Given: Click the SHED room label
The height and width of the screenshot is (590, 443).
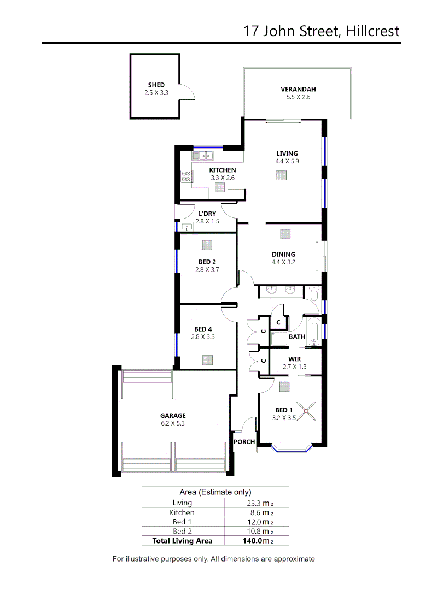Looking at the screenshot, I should point(156,85).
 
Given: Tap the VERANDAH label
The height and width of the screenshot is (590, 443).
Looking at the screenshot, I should point(298,89).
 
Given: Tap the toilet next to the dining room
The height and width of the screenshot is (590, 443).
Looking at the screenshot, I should point(314,294).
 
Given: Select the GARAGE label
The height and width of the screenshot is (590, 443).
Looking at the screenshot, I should point(173,415).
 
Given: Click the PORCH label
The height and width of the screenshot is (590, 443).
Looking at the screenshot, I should point(244,442).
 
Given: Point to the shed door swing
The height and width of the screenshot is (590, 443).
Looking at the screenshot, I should point(188,93).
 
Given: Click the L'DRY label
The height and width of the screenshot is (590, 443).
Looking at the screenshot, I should point(207,214).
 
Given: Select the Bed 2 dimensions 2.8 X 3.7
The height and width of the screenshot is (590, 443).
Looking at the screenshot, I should point(207,269).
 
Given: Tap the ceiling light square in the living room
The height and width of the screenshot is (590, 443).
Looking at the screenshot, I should point(281,175).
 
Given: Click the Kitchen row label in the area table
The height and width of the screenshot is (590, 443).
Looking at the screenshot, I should point(182,512).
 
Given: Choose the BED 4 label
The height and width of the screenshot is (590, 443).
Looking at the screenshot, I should point(203,329).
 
